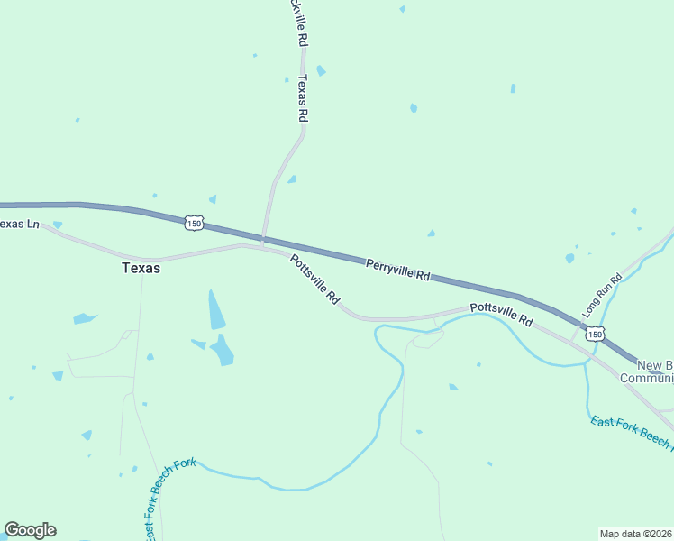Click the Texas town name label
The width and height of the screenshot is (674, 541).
click(x=141, y=268)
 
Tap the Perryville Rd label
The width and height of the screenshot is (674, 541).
click(x=397, y=270)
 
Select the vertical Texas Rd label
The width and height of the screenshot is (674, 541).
click(x=303, y=99)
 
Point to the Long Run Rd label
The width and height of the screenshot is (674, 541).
click(x=603, y=295)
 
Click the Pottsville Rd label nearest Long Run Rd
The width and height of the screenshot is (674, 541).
click(x=502, y=314)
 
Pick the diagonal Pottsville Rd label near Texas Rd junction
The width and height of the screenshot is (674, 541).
click(x=314, y=280)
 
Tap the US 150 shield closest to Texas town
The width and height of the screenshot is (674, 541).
click(x=194, y=222)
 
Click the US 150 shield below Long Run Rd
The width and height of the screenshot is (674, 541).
click(x=593, y=335)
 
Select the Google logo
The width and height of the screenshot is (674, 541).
click(x=30, y=529)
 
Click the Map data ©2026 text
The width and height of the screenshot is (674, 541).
click(x=635, y=533)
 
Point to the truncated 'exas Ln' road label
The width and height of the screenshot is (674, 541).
click(x=20, y=224)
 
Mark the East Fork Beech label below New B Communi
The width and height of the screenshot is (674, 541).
click(x=631, y=432)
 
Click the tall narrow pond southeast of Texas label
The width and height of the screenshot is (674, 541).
click(x=216, y=309)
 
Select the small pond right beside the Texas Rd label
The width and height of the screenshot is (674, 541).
click(x=321, y=71)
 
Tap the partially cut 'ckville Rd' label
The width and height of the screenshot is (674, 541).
click(x=299, y=23)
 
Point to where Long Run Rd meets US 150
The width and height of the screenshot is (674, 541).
click(x=575, y=325)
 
